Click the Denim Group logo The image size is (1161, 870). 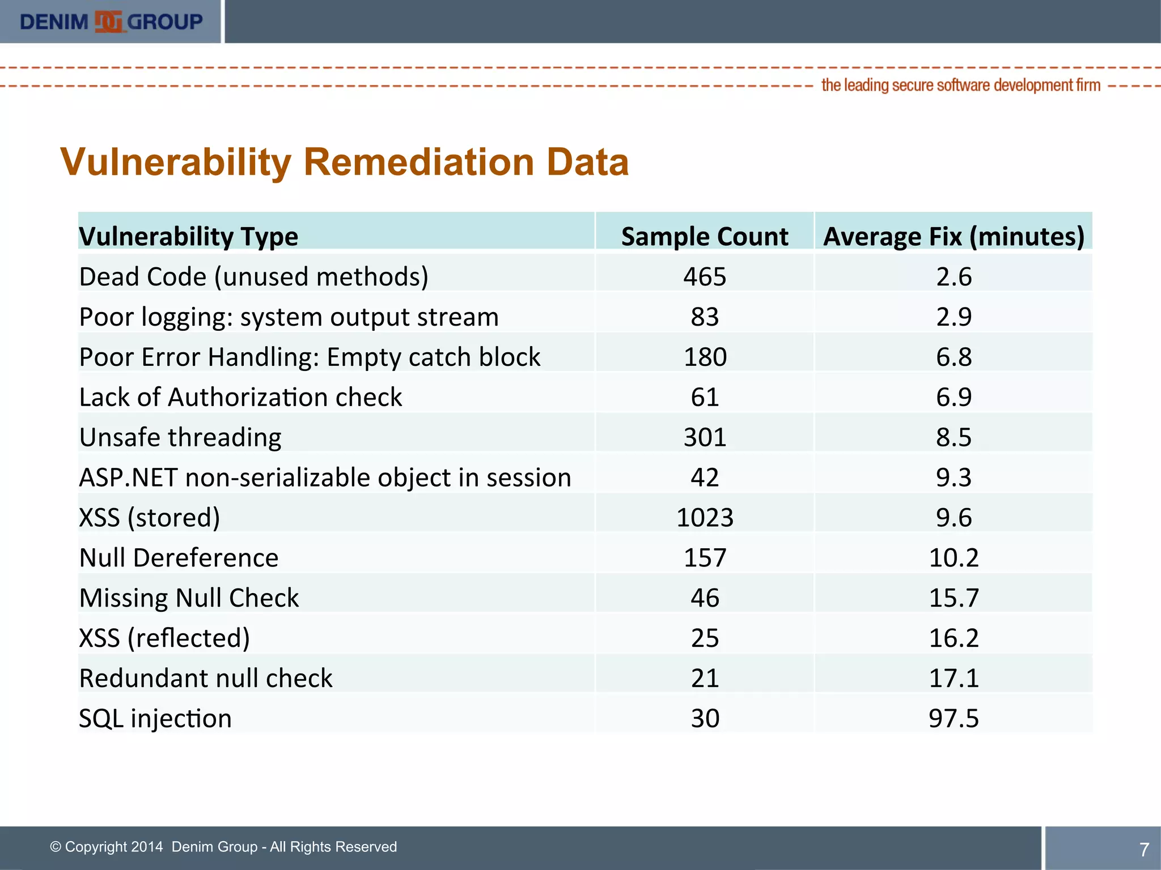(x=111, y=22)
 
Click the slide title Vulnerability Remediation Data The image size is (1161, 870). (x=344, y=163)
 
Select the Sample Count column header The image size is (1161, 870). (x=704, y=236)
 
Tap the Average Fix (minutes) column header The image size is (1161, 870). (x=954, y=236)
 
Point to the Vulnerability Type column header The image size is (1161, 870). (x=188, y=236)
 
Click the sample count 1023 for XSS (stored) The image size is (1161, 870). (x=705, y=518)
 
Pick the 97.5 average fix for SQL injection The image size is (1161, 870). (x=954, y=718)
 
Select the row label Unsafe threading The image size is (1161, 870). (x=180, y=437)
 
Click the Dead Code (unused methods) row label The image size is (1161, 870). (x=253, y=277)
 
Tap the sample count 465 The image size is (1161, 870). (x=705, y=277)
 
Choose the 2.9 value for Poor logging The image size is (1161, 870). (x=954, y=317)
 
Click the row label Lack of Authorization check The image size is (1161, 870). (x=240, y=397)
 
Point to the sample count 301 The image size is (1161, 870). (x=705, y=437)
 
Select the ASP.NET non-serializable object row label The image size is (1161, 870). (x=325, y=477)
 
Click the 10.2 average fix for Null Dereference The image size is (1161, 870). (x=954, y=558)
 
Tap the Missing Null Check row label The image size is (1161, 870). (x=189, y=598)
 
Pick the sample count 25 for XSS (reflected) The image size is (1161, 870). (x=705, y=638)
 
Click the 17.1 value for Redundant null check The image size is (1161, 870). (x=954, y=678)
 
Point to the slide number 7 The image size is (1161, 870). (x=1143, y=849)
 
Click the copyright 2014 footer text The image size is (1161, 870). (x=223, y=847)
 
